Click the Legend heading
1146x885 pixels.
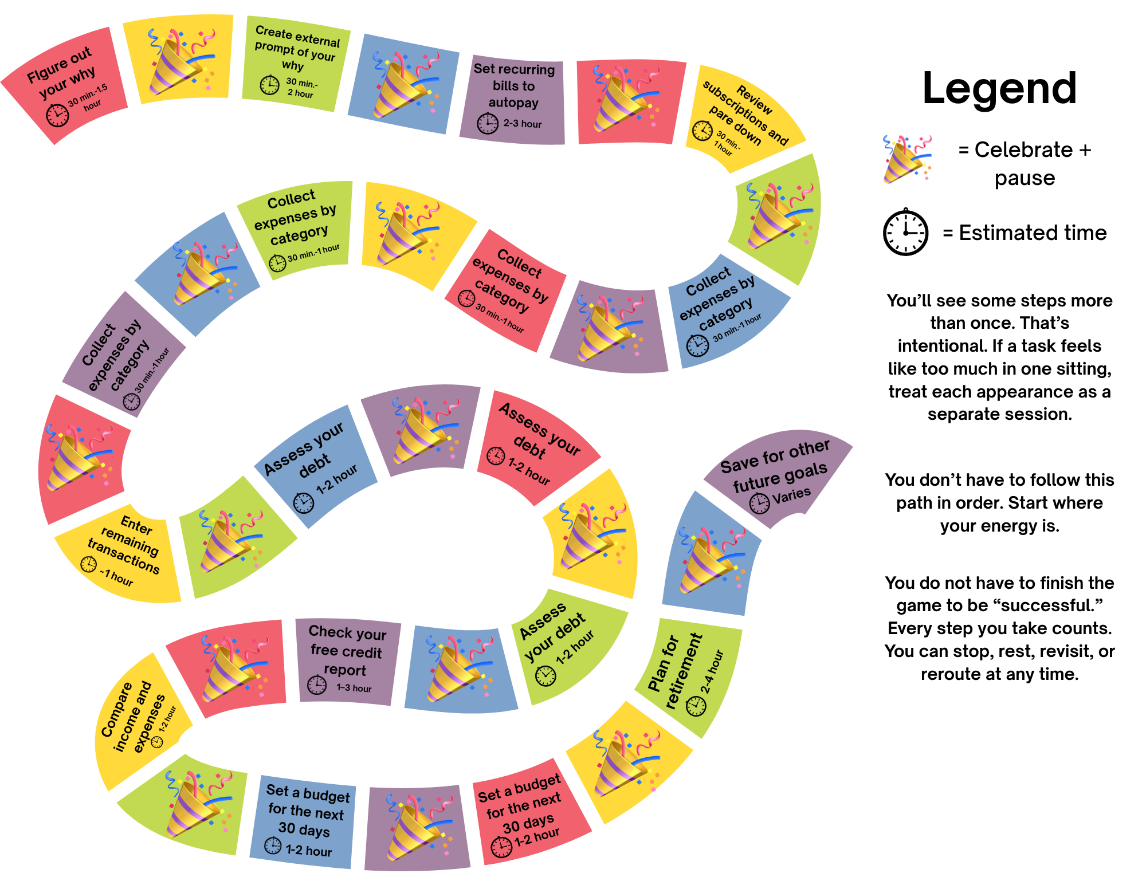point(999,88)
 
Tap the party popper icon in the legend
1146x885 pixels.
point(906,159)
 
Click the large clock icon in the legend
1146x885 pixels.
point(905,232)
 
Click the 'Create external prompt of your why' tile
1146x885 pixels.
point(295,63)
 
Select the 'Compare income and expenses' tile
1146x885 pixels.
point(138,719)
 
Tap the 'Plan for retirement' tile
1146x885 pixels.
point(688,676)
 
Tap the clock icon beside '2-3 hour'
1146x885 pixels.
point(488,123)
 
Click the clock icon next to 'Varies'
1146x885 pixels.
point(760,503)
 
